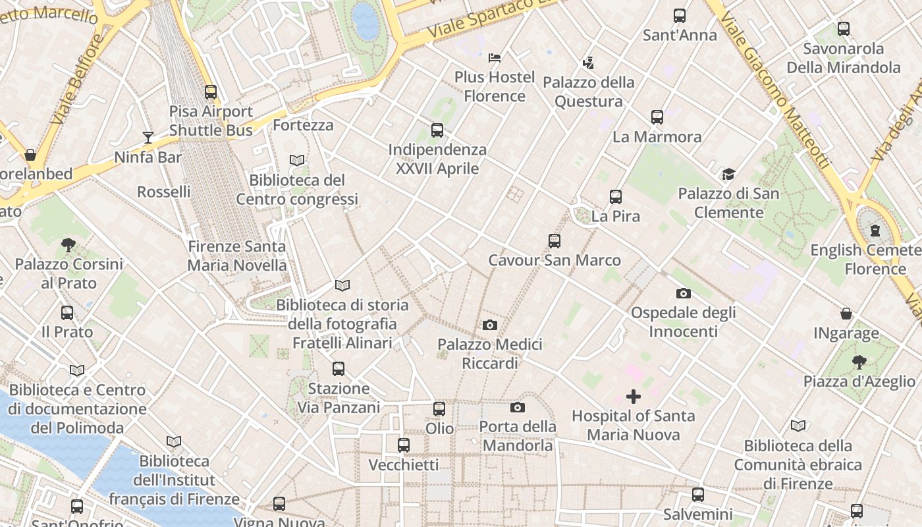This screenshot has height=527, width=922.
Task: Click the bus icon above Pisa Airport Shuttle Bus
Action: [211, 92]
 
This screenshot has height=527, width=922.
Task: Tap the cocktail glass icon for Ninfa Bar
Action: [148, 138]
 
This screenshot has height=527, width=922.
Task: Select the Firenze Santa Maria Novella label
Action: [237, 256]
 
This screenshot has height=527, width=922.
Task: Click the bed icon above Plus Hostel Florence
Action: [495, 58]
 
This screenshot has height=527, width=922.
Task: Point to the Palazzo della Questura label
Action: [589, 92]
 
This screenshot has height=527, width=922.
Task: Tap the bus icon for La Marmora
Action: [657, 117]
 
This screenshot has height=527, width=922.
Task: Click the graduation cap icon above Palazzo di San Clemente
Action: [728, 175]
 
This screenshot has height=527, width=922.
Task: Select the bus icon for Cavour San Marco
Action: [555, 241]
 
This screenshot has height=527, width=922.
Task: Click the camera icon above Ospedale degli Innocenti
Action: [684, 293]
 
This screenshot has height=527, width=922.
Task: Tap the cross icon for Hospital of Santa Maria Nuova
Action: [634, 397]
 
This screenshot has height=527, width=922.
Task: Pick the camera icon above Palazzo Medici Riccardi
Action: [490, 325]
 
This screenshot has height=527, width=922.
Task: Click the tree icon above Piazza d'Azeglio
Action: [859, 362]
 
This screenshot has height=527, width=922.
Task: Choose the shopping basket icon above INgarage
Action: [846, 314]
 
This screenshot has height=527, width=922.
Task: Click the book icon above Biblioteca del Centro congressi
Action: [297, 160]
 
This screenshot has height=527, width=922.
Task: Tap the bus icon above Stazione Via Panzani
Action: [339, 369]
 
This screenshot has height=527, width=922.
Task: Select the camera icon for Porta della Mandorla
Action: [518, 407]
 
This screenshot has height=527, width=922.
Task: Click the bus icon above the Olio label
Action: [439, 409]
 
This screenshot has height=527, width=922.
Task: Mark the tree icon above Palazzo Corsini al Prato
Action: [68, 245]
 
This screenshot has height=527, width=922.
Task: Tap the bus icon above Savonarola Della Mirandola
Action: [844, 29]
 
